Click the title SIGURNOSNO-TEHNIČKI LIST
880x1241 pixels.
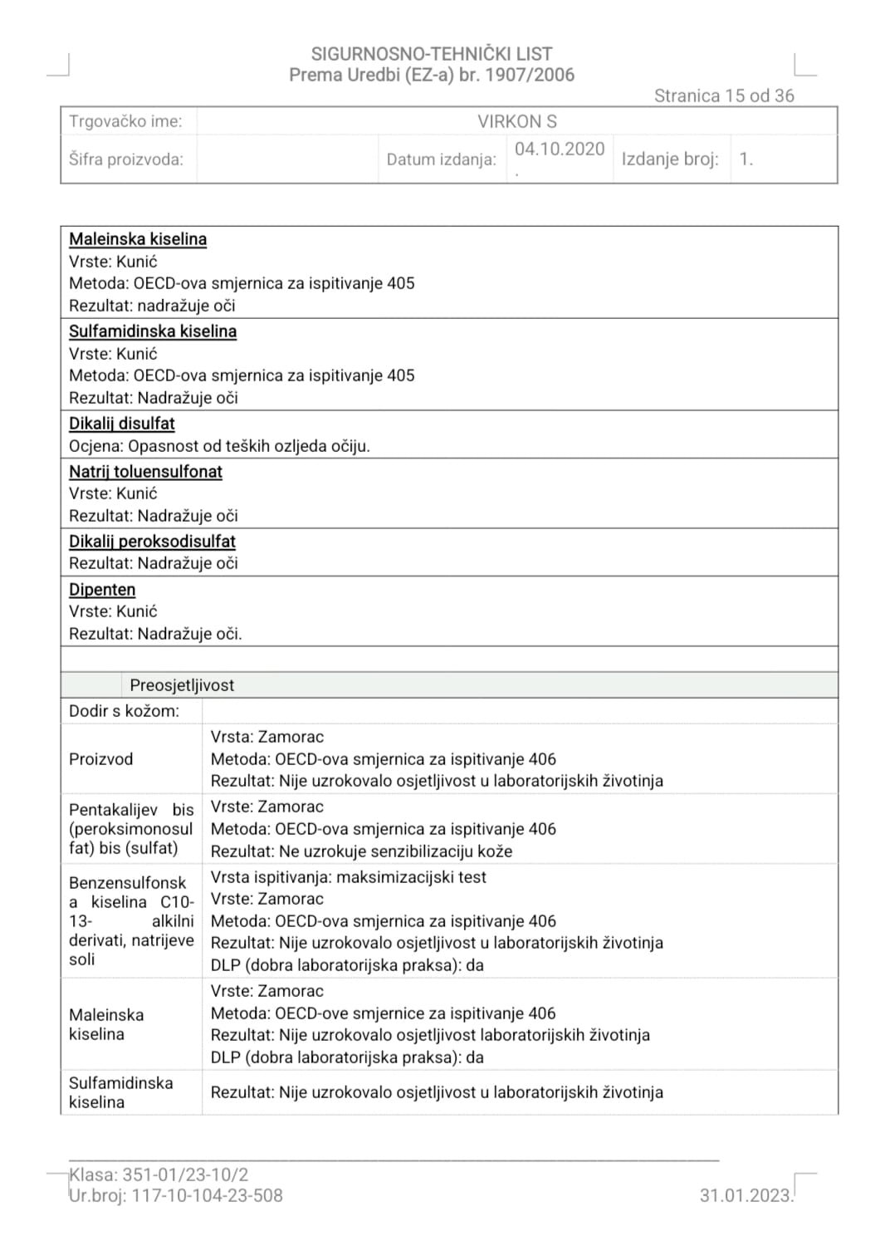tap(431, 54)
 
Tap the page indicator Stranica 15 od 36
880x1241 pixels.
tap(723, 96)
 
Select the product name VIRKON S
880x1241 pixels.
tap(516, 121)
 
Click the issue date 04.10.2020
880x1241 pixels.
tap(560, 149)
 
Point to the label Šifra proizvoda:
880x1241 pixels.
tap(126, 159)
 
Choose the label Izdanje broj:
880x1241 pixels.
tap(669, 159)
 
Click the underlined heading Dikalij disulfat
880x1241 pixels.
tap(122, 424)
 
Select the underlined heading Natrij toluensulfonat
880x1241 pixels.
tap(145, 472)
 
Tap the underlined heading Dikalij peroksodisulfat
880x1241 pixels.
tap(152, 542)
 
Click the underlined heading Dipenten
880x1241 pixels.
tap(102, 590)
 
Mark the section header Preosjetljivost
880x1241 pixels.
tap(182, 685)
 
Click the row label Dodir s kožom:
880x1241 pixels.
tap(124, 711)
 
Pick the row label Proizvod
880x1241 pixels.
tap(100, 759)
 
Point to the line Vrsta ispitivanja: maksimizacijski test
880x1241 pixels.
tap(348, 877)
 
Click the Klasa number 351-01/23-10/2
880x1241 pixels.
tap(185, 1175)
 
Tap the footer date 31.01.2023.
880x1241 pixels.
tap(745, 1195)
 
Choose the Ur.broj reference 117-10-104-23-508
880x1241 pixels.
tap(207, 1195)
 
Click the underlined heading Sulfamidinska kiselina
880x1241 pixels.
tap(153, 331)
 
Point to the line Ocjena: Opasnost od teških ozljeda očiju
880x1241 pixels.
tap(219, 446)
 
